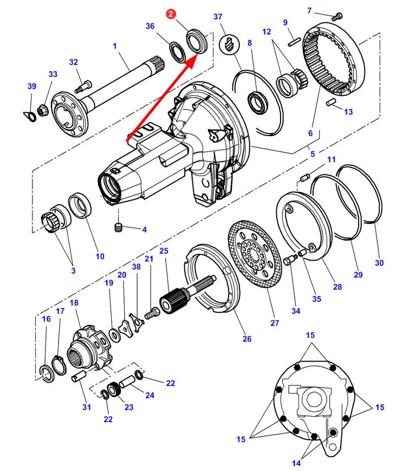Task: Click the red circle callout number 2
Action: point(171,15)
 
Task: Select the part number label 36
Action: point(150,26)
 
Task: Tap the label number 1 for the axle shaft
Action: point(115,47)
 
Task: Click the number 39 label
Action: point(31,87)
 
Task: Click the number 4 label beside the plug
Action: point(144,230)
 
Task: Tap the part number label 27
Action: point(274,323)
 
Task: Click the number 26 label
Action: point(247,339)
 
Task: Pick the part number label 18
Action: point(74,302)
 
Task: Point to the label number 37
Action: point(218,17)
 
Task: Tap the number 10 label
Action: point(100,256)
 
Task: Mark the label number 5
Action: point(312,154)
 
